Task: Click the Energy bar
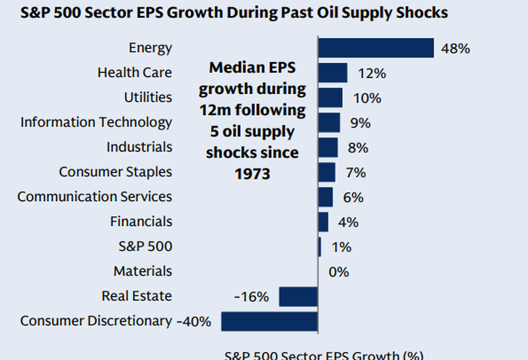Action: (376, 48)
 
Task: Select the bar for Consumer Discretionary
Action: (269, 321)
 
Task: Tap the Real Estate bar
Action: (298, 296)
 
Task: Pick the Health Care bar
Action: (333, 73)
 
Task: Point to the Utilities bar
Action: (331, 98)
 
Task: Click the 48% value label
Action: (456, 49)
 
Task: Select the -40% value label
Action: (194, 322)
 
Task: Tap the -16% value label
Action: (251, 297)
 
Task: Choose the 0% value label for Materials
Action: (338, 272)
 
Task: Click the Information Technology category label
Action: (96, 122)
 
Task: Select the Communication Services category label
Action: (95, 197)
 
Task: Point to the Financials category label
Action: (141, 221)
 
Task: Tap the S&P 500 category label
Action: (145, 247)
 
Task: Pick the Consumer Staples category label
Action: (116, 172)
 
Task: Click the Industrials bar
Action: (328, 147)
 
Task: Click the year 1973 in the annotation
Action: (252, 174)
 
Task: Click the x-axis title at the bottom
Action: (323, 355)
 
